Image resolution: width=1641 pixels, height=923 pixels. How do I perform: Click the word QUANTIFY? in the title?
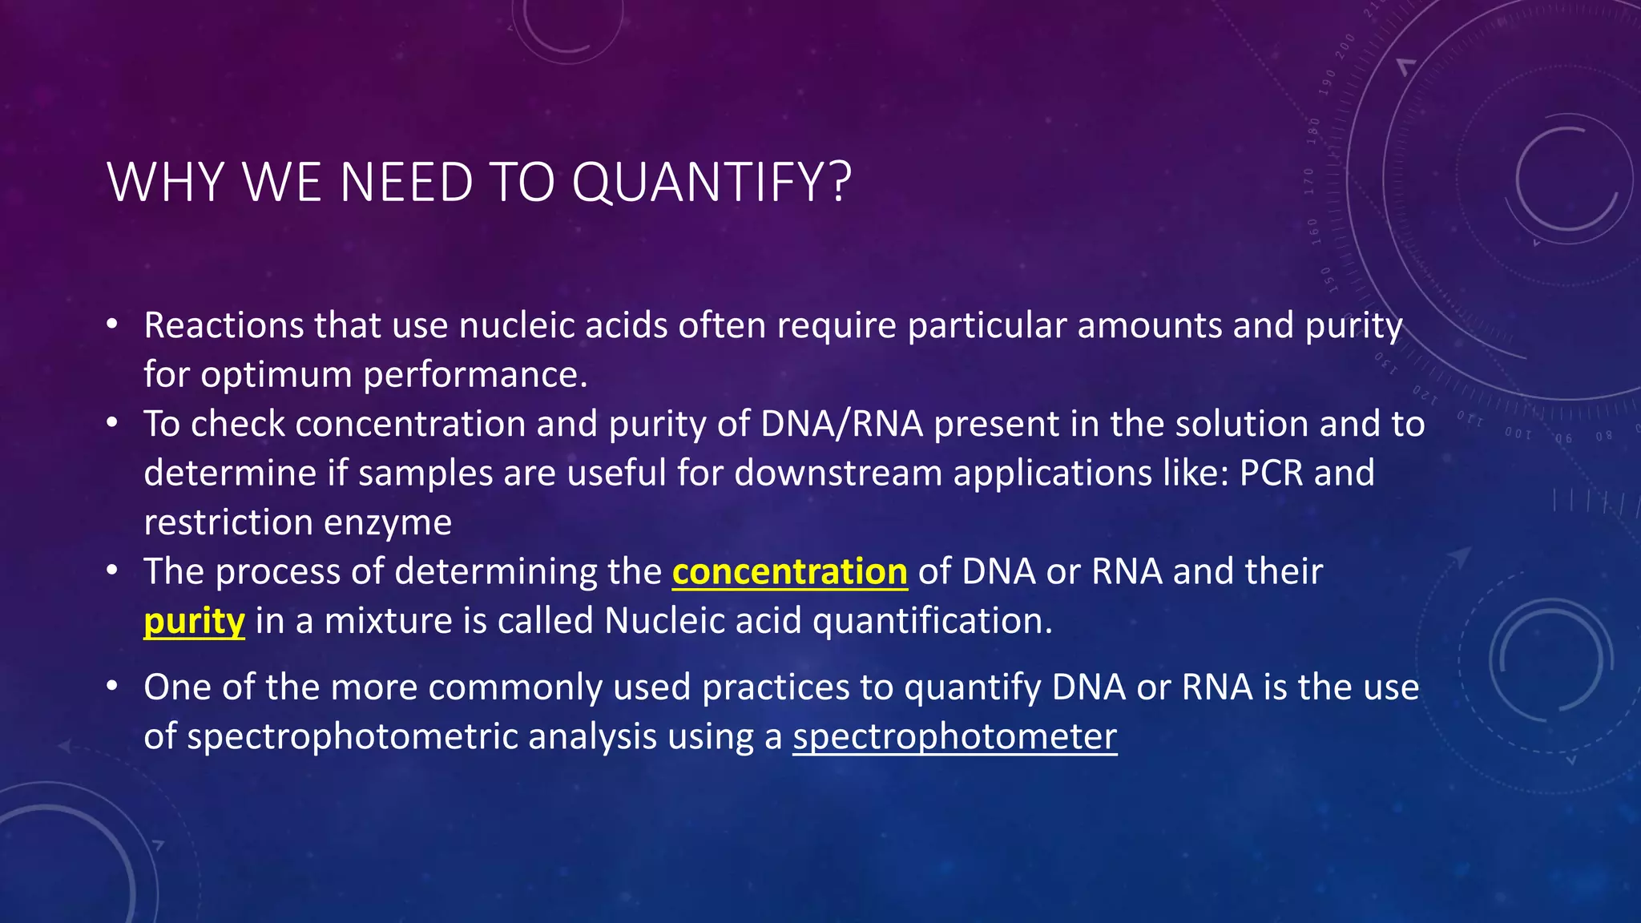(711, 183)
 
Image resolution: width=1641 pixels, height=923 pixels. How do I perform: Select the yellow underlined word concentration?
(789, 572)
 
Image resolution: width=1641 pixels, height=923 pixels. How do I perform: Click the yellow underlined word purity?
(194, 622)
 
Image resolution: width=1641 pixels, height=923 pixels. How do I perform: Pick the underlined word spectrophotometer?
(954, 736)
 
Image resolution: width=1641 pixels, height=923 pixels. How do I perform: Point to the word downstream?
(837, 473)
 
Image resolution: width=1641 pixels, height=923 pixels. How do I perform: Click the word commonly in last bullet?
(516, 687)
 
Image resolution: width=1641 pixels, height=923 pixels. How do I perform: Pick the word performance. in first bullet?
(475, 375)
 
